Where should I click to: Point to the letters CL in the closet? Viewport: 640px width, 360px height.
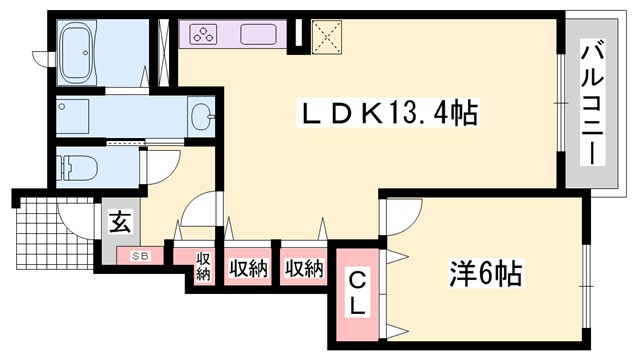(355, 292)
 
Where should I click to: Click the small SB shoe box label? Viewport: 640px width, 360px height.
(141, 256)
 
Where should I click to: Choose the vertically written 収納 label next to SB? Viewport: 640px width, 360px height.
(203, 267)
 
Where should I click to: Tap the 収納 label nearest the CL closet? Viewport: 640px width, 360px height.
(303, 268)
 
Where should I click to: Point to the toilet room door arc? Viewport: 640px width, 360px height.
(161, 166)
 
